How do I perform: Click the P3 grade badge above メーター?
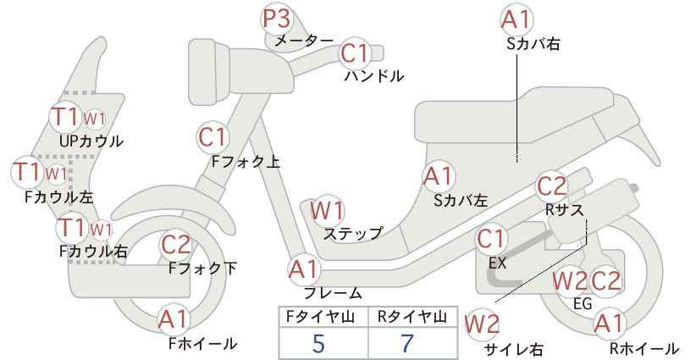pyautogui.click(x=277, y=19)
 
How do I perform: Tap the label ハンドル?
pyautogui.click(x=374, y=76)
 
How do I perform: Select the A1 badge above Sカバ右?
pyautogui.click(x=516, y=19)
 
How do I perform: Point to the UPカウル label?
pyautogui.click(x=91, y=141)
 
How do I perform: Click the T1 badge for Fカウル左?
pyautogui.click(x=27, y=172)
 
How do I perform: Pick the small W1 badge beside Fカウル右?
pyautogui.click(x=102, y=230)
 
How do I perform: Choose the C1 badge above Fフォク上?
pyautogui.click(x=213, y=137)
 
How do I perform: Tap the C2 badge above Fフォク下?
pyautogui.click(x=176, y=244)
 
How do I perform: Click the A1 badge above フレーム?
pyautogui.click(x=304, y=270)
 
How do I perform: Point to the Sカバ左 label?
pyautogui.click(x=461, y=201)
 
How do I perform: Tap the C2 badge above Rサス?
pyautogui.click(x=552, y=186)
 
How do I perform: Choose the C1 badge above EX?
pyautogui.click(x=491, y=239)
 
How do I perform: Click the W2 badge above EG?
pyautogui.click(x=570, y=281)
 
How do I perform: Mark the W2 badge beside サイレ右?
pyautogui.click(x=482, y=324)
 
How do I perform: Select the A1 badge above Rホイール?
pyautogui.click(x=609, y=324)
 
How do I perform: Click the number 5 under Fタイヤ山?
pyautogui.click(x=318, y=344)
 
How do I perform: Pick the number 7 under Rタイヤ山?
pyautogui.click(x=406, y=344)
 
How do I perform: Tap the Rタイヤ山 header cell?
pyautogui.click(x=412, y=317)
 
